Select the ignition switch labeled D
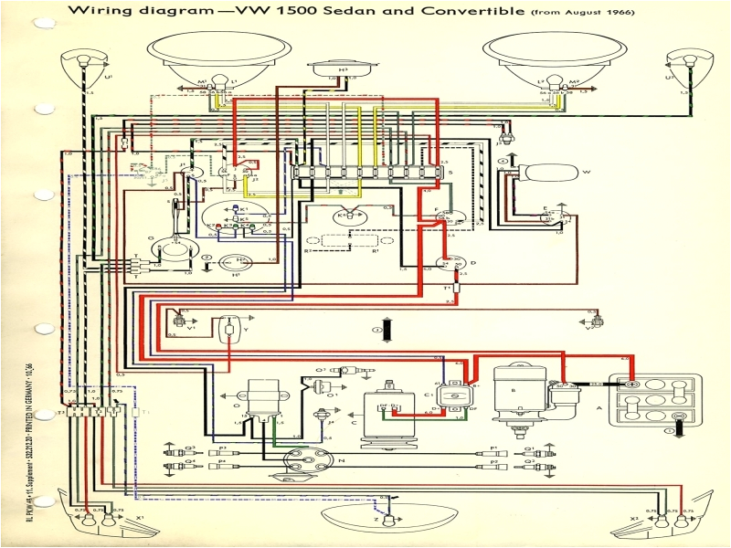click(448, 264)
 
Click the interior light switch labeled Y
click(228, 325)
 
